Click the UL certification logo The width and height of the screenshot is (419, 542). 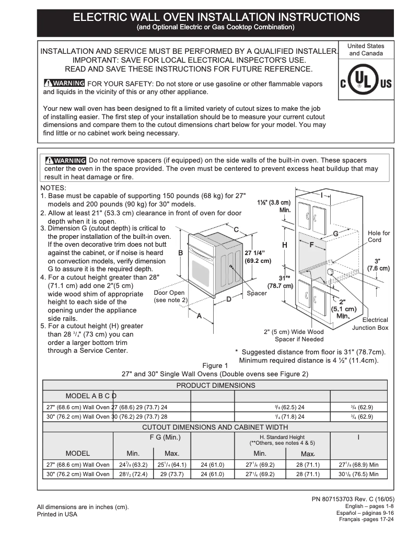click(x=366, y=83)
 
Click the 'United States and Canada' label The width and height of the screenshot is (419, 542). click(x=366, y=50)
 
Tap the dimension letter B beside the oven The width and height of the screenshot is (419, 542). click(x=181, y=252)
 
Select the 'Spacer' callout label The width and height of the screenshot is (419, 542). click(x=257, y=294)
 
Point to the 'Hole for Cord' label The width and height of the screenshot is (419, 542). click(x=378, y=236)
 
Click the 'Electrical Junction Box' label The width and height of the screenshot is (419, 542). click(x=370, y=324)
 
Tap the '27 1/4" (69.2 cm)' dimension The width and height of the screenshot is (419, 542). click(x=258, y=256)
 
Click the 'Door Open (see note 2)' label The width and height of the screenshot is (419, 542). click(x=170, y=297)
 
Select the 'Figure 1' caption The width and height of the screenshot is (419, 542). click(x=215, y=365)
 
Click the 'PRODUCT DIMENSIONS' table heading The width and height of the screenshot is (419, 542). click(x=215, y=385)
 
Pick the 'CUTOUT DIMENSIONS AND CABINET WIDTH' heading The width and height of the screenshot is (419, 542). click(x=215, y=427)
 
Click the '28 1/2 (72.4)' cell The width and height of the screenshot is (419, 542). click(x=133, y=475)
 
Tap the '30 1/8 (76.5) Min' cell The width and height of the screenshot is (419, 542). click(x=359, y=475)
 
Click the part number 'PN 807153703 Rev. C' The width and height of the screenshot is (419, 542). click(x=353, y=499)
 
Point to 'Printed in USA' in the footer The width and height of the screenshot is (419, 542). click(x=57, y=514)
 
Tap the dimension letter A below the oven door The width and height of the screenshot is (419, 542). click(x=199, y=316)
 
